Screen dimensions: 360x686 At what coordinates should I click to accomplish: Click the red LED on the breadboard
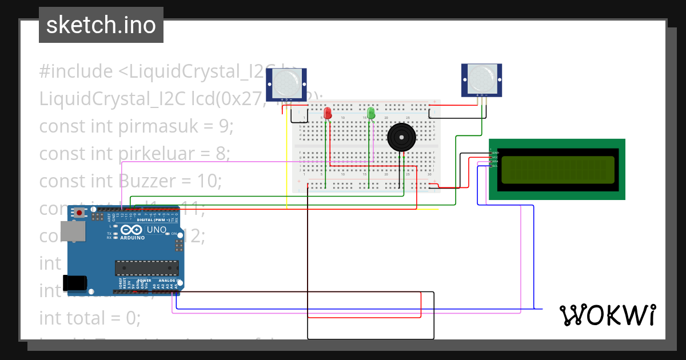328,113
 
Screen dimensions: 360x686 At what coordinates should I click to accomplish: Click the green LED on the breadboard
371,113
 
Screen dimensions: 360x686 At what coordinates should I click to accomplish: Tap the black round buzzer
402,138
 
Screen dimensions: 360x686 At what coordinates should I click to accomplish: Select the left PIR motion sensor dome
286,82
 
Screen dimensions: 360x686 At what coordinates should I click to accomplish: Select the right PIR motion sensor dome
481,78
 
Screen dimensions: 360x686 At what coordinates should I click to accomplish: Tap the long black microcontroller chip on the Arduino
146,267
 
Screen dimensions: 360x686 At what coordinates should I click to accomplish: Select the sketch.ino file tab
101,25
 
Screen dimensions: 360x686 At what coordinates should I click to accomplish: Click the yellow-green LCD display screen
557,170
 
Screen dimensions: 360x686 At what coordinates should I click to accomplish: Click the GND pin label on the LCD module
496,153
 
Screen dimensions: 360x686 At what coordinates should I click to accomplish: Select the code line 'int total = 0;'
90,317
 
